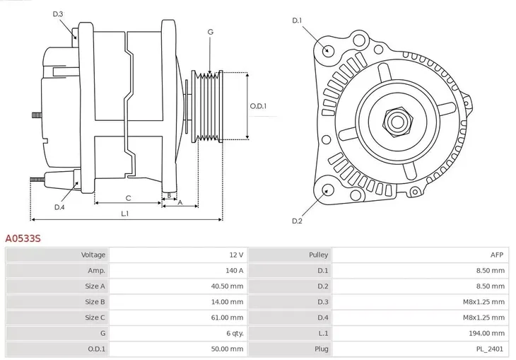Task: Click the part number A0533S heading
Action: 23,239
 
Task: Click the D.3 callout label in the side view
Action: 58,14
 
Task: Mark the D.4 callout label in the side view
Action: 59,207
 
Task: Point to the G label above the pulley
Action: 210,33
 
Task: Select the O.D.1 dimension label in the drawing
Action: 258,106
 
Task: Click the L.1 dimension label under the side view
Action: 124,213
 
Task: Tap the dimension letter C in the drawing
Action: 128,198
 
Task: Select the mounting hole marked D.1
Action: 327,50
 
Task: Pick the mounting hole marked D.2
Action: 327,190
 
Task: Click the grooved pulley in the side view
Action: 208,106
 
